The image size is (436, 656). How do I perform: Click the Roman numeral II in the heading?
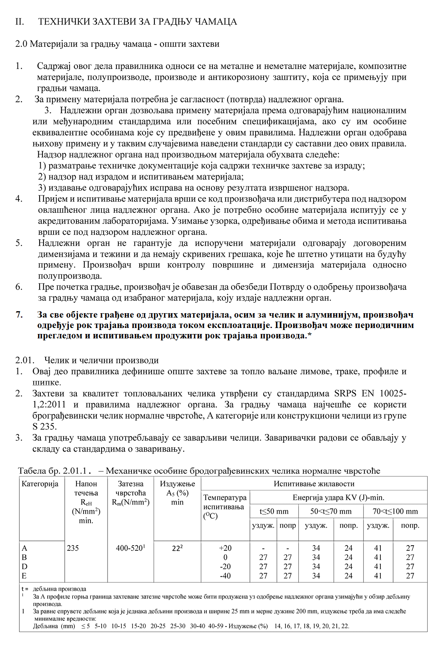[x=20, y=22]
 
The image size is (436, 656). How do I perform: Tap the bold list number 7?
[x=19, y=315]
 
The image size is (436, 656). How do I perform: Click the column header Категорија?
[x=40, y=484]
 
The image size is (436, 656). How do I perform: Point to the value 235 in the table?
[x=73, y=548]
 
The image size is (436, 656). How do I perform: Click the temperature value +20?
[x=225, y=548]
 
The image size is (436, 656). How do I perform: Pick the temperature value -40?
[x=225, y=576]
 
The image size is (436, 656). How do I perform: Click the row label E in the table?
[x=24, y=576]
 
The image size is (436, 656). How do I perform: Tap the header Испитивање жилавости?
[x=314, y=484]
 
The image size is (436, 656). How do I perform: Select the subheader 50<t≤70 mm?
[x=331, y=511]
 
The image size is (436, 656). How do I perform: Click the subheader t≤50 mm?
[x=274, y=511]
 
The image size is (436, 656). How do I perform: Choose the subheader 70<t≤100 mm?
[x=395, y=511]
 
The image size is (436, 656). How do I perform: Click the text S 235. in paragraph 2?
[x=44, y=427]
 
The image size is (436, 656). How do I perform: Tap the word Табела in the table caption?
[x=32, y=471]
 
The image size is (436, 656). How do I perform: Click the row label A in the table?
[x=24, y=548]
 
